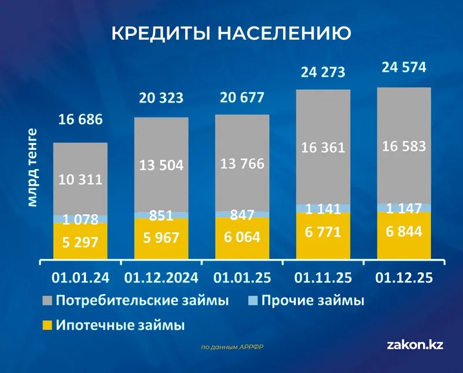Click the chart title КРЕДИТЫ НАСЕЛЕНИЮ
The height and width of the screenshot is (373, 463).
230,34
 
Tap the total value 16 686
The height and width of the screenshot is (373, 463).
80,120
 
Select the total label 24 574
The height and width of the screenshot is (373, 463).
404,68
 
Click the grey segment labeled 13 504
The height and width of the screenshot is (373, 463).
161,165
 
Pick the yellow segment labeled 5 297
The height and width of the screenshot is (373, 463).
80,243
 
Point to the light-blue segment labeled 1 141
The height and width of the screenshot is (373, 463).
323,208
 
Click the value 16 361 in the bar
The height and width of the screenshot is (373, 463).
323,147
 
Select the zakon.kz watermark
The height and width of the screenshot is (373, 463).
415,345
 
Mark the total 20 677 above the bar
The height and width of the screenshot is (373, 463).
242,97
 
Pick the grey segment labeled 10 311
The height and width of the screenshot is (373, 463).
80,179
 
